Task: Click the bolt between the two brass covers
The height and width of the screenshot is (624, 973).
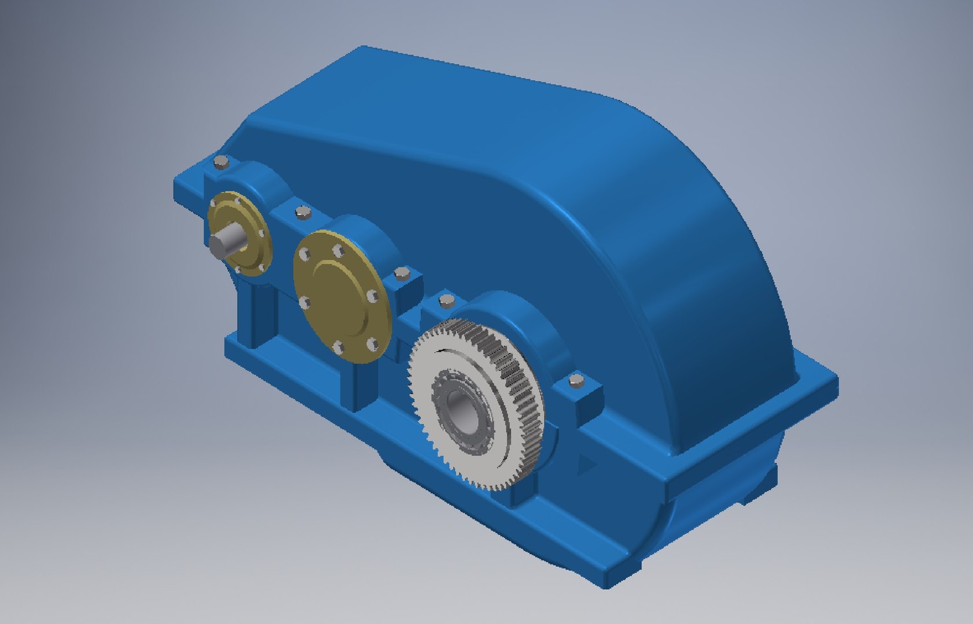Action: (x=302, y=213)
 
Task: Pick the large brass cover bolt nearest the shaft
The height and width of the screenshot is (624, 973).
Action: (x=302, y=252)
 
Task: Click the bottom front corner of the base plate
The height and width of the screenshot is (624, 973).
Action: (x=606, y=584)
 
